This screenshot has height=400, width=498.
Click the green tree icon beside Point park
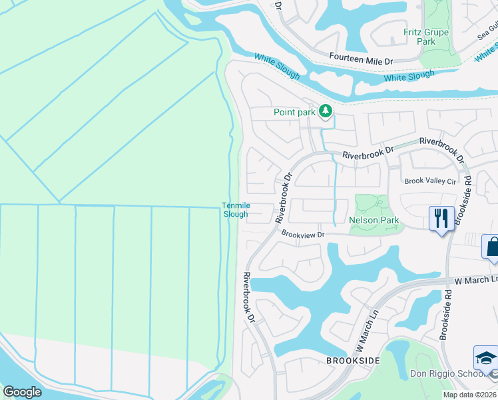point(326,111)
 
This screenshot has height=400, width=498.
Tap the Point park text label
point(294,112)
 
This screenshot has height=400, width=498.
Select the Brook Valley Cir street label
point(431,181)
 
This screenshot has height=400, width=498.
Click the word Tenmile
point(235,205)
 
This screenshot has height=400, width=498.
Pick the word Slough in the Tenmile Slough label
point(235,214)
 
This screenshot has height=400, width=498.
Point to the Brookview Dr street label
point(302,234)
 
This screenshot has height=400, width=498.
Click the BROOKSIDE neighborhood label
point(353,360)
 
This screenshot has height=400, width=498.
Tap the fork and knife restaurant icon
point(441,218)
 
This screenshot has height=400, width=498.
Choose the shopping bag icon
point(492,246)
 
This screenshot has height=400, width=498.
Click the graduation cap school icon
point(486,359)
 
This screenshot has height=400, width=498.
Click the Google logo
point(23,392)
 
